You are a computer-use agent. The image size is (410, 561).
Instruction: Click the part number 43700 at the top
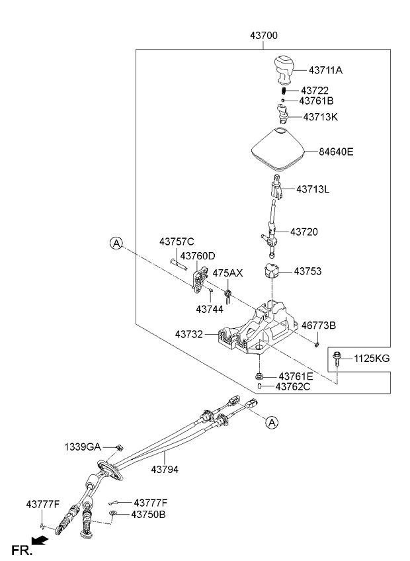(263, 36)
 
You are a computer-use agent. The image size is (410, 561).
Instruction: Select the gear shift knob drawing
(284, 69)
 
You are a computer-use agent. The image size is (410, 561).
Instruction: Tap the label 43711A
(325, 70)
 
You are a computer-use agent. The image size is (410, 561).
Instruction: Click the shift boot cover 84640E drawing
(278, 150)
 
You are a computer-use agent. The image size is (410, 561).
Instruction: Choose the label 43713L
(313, 189)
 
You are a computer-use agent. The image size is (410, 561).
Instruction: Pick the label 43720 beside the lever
(304, 232)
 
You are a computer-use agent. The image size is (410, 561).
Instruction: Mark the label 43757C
(177, 242)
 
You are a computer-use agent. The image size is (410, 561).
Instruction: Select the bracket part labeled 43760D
(200, 279)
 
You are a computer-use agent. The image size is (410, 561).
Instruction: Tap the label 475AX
(227, 273)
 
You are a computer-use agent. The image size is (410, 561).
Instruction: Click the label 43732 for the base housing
(189, 335)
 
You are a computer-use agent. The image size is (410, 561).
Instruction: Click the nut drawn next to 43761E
(259, 376)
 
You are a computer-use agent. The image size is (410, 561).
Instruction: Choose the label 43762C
(293, 387)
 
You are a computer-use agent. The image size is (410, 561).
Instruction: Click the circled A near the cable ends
(272, 423)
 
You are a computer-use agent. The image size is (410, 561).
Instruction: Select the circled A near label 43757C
(116, 243)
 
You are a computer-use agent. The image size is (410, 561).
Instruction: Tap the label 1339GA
(83, 447)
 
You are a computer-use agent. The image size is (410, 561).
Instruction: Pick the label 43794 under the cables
(165, 470)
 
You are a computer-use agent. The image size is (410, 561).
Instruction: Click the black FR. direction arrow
(40, 540)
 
